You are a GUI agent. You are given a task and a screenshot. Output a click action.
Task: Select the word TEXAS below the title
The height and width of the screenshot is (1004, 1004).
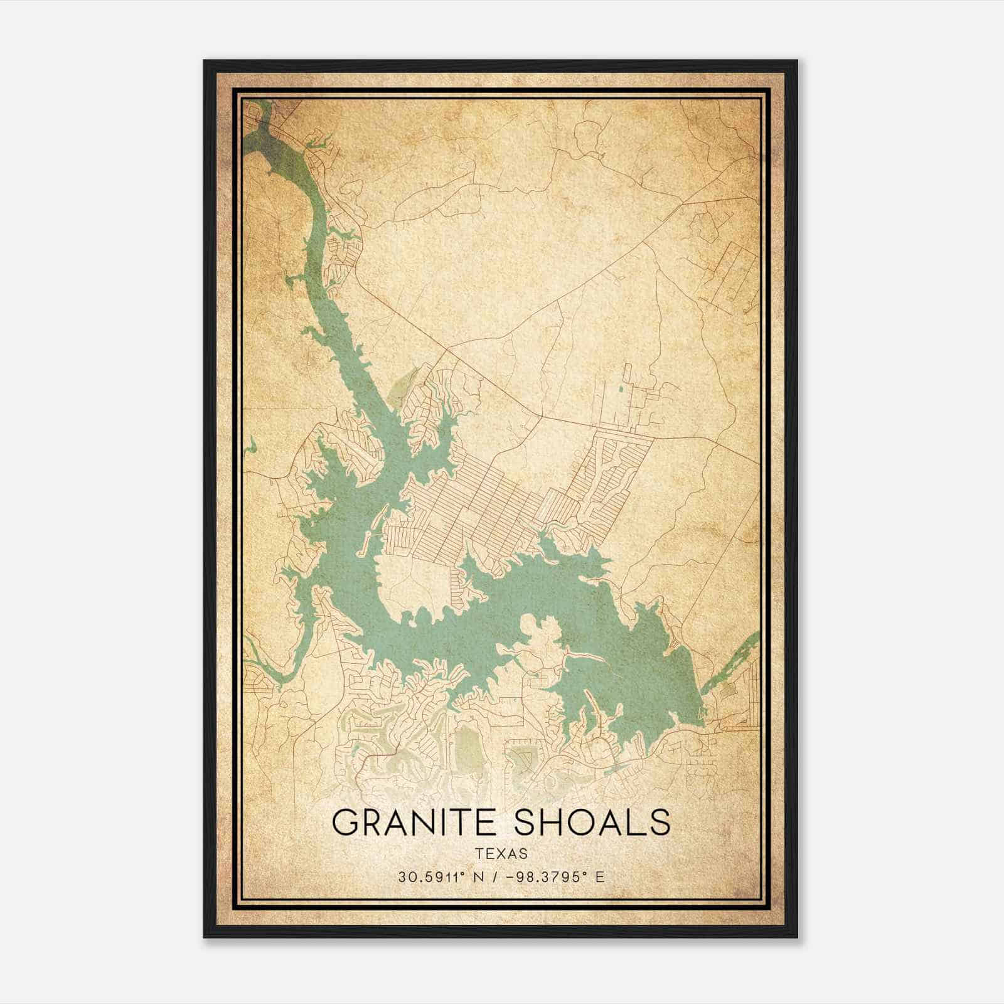(x=501, y=853)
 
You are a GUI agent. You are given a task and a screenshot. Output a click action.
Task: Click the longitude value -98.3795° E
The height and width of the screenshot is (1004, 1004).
(x=559, y=877)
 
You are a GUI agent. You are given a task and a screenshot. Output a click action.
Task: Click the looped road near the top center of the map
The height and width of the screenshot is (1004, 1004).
(x=587, y=135)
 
